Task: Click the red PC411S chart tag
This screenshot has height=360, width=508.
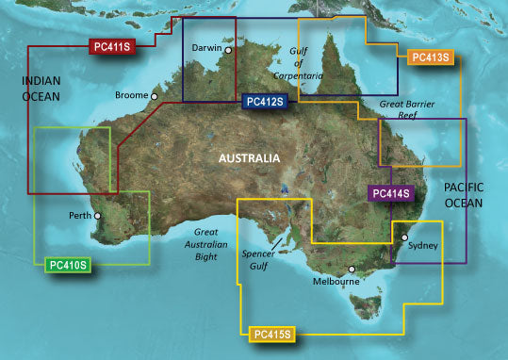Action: (x=113, y=45)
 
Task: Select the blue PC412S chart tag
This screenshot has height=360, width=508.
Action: (x=267, y=101)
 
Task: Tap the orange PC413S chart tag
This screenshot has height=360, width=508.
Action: (x=433, y=57)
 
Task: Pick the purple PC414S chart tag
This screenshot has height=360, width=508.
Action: (x=390, y=194)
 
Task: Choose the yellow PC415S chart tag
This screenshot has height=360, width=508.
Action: (x=273, y=333)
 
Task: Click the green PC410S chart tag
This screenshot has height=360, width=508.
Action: (x=68, y=264)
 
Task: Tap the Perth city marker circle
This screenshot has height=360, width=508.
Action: (x=98, y=216)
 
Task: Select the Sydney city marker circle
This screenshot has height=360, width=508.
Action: (x=405, y=238)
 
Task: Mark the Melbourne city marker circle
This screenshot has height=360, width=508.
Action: (x=352, y=270)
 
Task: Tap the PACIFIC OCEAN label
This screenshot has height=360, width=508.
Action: (x=464, y=196)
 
